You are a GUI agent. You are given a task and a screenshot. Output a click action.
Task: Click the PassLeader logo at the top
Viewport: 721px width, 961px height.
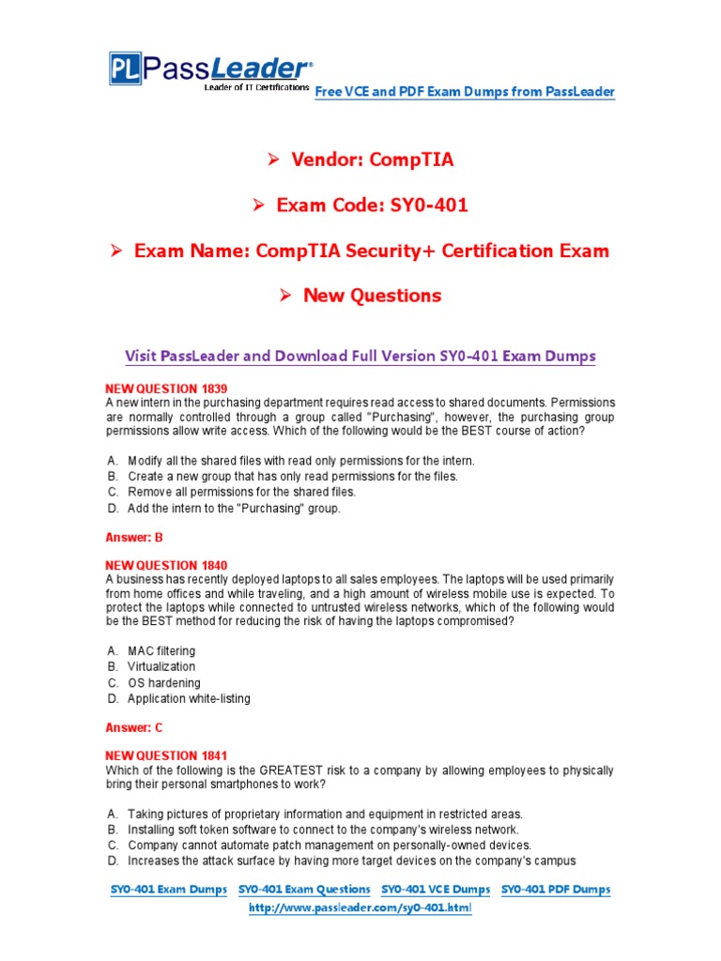[209, 69]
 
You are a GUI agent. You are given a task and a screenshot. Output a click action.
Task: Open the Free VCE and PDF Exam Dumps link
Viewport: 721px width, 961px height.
[465, 91]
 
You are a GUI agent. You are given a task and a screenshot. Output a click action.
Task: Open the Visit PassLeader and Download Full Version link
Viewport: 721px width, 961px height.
[360, 357]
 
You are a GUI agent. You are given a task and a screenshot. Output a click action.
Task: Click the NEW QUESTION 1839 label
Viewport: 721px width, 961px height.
[165, 388]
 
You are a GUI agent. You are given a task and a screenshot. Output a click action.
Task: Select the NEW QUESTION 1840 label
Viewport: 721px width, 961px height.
[165, 565]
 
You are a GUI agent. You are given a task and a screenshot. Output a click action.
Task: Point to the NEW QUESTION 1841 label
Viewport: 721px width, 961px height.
[165, 755]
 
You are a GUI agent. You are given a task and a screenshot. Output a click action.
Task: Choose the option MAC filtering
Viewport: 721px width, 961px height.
[161, 650]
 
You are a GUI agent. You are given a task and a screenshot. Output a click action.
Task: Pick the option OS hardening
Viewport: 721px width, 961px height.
[164, 682]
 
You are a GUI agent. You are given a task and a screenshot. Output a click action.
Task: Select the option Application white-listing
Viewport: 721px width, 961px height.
[189, 698]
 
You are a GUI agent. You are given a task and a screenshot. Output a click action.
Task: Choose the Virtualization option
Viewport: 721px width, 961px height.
[161, 666]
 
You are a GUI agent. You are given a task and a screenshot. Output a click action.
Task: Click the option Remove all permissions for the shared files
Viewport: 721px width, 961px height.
[242, 492]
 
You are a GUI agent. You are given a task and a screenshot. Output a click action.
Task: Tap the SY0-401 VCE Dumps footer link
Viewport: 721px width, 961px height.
[436, 889]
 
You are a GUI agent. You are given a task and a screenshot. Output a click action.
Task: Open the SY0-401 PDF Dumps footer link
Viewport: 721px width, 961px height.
[556, 889]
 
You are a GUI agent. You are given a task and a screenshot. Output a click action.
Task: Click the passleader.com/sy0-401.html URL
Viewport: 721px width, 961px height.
[360, 909]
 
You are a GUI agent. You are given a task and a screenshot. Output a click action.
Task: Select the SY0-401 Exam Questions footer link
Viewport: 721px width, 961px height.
[304, 889]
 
